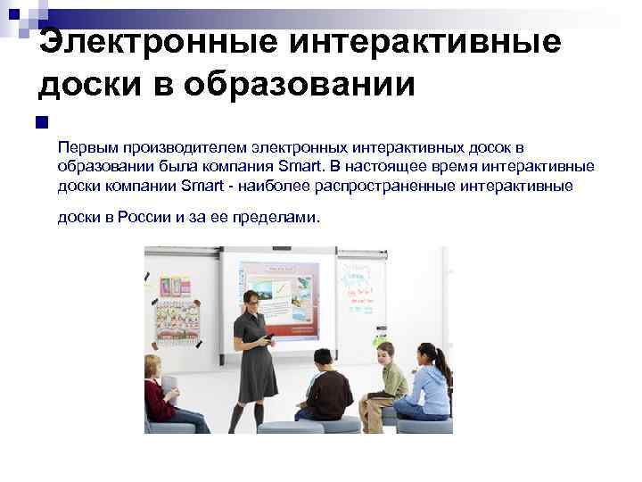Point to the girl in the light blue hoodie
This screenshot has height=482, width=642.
[430, 384]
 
